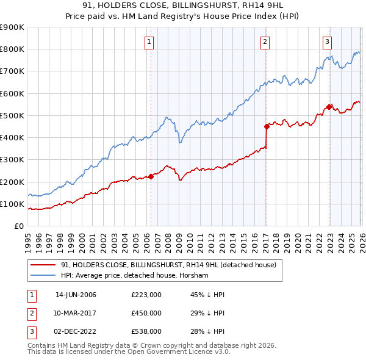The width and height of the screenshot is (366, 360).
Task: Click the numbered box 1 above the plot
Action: coord(149,41)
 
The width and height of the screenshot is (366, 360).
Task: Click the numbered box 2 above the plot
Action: coord(265,41)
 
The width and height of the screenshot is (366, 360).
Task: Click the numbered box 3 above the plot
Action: coord(328,41)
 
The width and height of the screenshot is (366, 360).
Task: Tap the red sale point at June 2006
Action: coord(151,177)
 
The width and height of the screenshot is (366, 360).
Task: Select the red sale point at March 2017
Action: coord(267,127)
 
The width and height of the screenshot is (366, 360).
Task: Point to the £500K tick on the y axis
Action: coord(12,115)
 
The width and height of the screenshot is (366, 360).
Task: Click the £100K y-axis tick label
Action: coord(12,204)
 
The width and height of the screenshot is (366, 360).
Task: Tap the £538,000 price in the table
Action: coord(146,331)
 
